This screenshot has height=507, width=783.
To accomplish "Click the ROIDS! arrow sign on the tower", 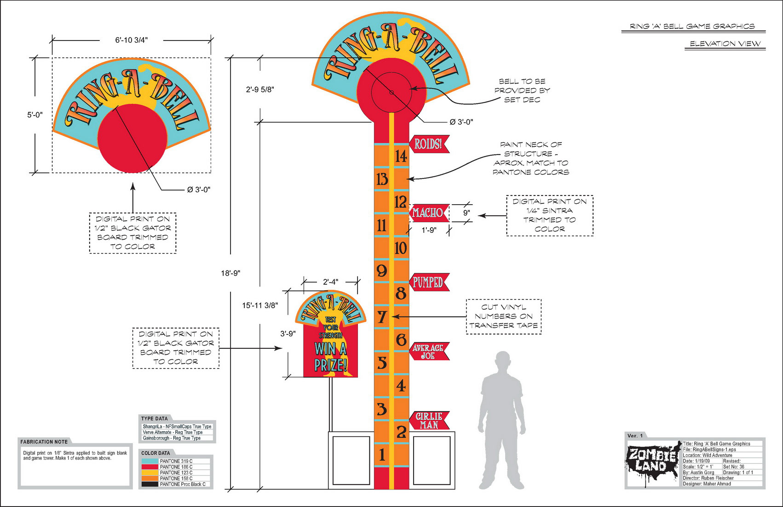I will [428, 144].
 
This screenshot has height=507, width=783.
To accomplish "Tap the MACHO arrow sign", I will [428, 213].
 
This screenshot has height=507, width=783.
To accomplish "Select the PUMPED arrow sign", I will [428, 282].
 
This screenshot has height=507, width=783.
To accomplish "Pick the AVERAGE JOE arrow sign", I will [428, 351].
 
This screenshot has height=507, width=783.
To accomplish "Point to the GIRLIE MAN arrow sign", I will [428, 421].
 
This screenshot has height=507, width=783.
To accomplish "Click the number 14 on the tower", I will [401, 156].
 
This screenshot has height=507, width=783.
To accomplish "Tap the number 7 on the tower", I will [382, 317].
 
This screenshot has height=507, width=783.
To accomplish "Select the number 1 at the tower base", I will [382, 455].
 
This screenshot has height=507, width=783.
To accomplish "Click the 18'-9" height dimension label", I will [230, 273].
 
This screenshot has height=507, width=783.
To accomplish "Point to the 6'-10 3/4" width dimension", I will [132, 40].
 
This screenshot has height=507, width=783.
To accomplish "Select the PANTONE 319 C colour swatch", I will [150, 461].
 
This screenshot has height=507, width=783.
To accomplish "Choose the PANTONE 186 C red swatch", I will [150, 467].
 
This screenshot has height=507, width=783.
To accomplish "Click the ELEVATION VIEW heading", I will [725, 44].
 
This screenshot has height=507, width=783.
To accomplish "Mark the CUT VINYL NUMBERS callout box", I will [504, 317].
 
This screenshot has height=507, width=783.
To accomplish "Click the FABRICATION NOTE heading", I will [44, 442].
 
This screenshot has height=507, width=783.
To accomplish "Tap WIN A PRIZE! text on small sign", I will [330, 357].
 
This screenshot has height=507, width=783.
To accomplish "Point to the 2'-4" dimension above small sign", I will [330, 282].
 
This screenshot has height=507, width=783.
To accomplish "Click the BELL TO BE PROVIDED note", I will [522, 91].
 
